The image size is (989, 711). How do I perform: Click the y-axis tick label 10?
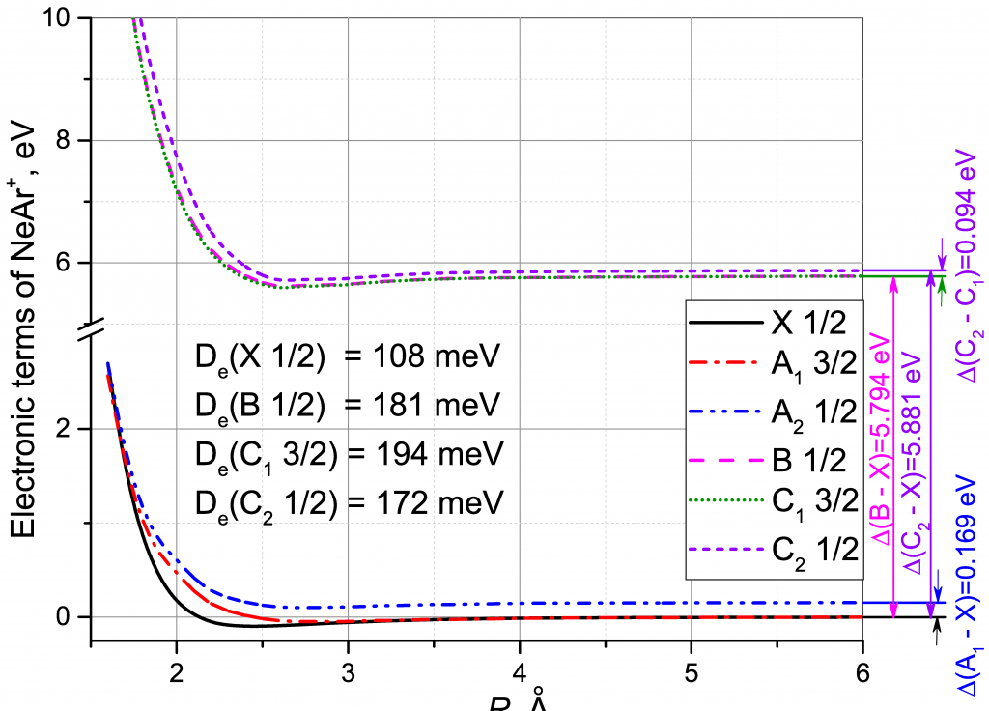(66, 18)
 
